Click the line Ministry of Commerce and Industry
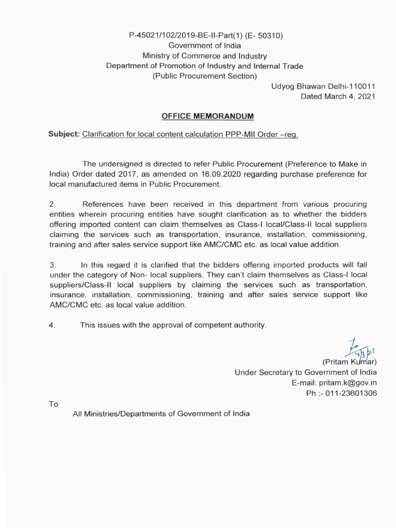(205, 56)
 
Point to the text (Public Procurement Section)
(205, 76)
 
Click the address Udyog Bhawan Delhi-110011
(324, 86)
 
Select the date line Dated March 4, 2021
(338, 96)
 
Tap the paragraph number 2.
(52, 205)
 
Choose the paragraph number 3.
(52, 265)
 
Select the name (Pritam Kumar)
(350, 361)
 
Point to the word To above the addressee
(54, 404)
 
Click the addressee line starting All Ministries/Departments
(161, 414)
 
